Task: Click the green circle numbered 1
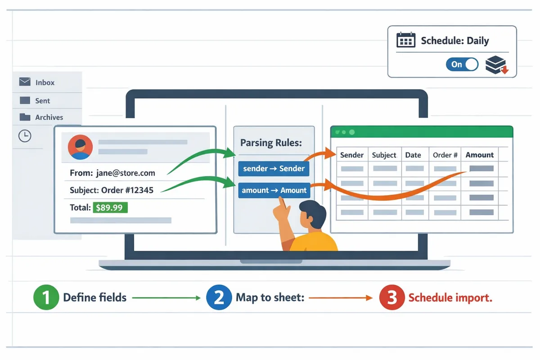pos(46,297)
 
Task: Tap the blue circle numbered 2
pos(219,297)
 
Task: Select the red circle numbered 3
pos(392,297)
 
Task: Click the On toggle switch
pos(462,64)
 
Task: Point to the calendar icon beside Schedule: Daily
pos(405,40)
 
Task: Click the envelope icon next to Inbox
pos(25,82)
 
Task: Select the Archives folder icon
pos(25,117)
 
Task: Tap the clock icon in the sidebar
pos(25,136)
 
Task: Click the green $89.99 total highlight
pos(110,207)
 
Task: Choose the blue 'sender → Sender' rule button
pos(274,169)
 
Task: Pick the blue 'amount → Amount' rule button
pos(274,190)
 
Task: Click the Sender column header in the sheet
pos(351,155)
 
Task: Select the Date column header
pos(413,155)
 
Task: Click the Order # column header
pos(445,155)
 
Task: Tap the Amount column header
pos(479,155)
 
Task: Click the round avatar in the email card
pos(80,147)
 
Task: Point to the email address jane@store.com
pos(126,173)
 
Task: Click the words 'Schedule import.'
pos(450,297)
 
